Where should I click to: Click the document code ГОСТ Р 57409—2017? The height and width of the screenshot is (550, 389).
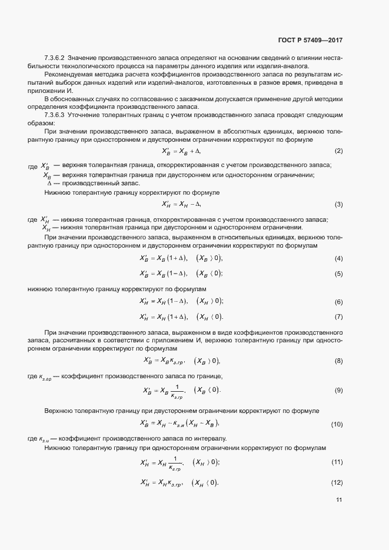pyautogui.click(x=310, y=41)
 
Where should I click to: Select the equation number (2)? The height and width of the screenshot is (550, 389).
pyautogui.click(x=338, y=151)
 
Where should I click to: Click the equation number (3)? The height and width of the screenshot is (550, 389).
pyautogui.click(x=338, y=204)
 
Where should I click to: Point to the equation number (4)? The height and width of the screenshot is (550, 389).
pyautogui.click(x=338, y=259)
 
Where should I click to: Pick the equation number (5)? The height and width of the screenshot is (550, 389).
pyautogui.click(x=338, y=274)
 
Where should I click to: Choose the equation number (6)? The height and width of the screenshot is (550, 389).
pyautogui.click(x=338, y=302)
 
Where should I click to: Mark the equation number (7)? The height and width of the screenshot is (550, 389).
pyautogui.click(x=338, y=317)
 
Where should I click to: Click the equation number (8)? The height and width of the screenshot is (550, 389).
pyautogui.click(x=338, y=361)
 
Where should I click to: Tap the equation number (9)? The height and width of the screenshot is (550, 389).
pyautogui.click(x=338, y=391)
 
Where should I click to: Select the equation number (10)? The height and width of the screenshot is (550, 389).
pyautogui.click(x=337, y=424)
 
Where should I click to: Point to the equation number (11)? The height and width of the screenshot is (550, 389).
pyautogui.click(x=337, y=463)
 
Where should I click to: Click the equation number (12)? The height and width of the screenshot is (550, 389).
pyautogui.click(x=337, y=483)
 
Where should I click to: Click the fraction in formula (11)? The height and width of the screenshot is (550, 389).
pyautogui.click(x=175, y=464)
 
